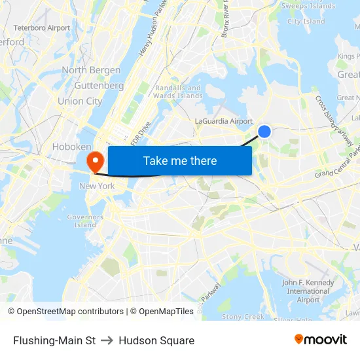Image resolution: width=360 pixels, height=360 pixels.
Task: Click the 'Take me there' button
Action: pyautogui.click(x=180, y=160)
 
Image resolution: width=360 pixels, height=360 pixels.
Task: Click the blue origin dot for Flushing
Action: pyautogui.click(x=264, y=132)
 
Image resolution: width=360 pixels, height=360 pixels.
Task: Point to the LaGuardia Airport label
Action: pyautogui.click(x=224, y=121)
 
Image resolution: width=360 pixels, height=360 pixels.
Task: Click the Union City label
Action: pyautogui.click(x=80, y=101)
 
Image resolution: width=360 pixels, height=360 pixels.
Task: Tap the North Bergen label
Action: pyautogui.click(x=91, y=70)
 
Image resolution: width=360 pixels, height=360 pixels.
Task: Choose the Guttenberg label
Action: pyautogui.click(x=99, y=86)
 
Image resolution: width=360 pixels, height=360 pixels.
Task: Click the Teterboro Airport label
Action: pyautogui.click(x=41, y=28)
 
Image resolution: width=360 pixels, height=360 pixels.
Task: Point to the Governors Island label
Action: pyautogui.click(x=85, y=221)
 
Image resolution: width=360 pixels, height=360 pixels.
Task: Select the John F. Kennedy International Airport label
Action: pyautogui.click(x=308, y=291)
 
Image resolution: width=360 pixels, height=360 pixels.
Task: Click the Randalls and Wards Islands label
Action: pyautogui.click(x=178, y=92)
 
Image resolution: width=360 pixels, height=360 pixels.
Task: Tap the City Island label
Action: pyautogui.click(x=306, y=21)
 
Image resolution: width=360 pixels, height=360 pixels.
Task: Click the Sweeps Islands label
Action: pyautogui.click(x=308, y=6)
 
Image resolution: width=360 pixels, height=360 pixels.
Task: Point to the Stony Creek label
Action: pyautogui.click(x=243, y=317)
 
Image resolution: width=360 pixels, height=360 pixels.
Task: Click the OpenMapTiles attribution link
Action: pyautogui.click(x=166, y=312)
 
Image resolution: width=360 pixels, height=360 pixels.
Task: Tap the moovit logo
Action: pyautogui.click(x=321, y=340)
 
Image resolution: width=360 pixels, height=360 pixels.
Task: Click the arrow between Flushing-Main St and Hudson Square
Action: pyautogui.click(x=107, y=340)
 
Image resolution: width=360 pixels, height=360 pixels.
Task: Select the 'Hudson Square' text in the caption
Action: pyautogui.click(x=156, y=340)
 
